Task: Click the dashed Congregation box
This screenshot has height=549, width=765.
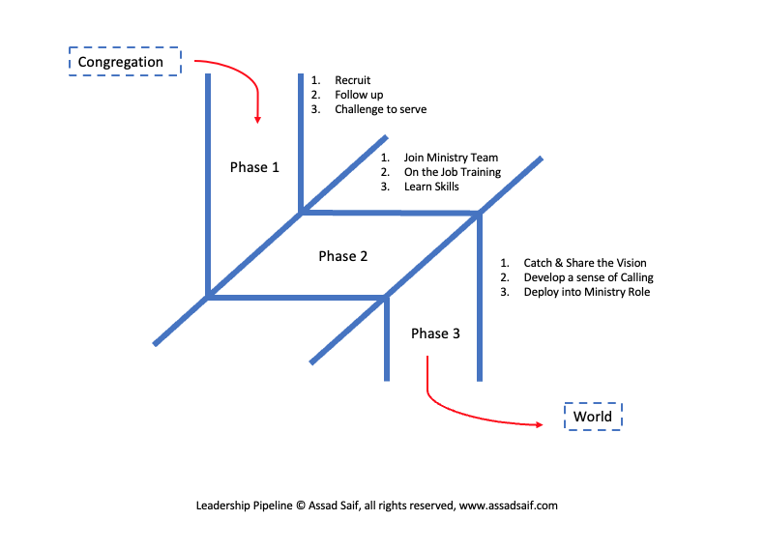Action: click(x=125, y=62)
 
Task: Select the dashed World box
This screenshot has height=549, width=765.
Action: click(x=593, y=417)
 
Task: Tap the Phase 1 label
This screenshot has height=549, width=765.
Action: click(x=254, y=167)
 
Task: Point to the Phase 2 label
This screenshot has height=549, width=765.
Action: click(x=343, y=256)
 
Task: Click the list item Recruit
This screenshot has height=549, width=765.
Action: click(x=352, y=80)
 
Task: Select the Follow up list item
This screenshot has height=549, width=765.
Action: click(x=359, y=95)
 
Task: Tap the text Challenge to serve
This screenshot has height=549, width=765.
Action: click(x=380, y=109)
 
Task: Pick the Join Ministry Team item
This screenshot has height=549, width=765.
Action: click(x=451, y=158)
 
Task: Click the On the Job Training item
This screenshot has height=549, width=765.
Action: click(x=452, y=172)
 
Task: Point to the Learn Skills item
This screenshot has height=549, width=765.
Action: click(x=431, y=187)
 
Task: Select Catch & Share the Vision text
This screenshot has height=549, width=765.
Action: click(x=584, y=263)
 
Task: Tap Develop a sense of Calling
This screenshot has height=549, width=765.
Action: click(x=588, y=277)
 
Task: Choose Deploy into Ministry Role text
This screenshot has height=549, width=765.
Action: click(x=586, y=292)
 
